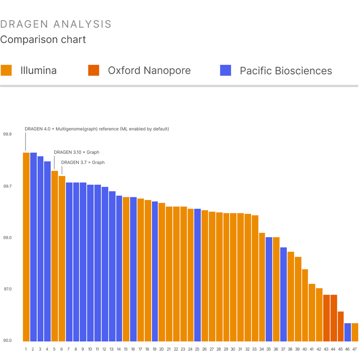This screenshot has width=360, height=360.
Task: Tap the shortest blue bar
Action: [348, 332]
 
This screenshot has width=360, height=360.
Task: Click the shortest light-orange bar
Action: [355, 332]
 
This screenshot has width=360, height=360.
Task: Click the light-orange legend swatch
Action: [10, 70]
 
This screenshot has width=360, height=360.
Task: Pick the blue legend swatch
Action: [230, 70]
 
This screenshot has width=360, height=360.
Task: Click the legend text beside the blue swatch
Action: [280, 70]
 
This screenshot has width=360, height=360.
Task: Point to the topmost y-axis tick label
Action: [12, 186]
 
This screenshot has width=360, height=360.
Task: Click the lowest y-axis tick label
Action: [12, 340]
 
